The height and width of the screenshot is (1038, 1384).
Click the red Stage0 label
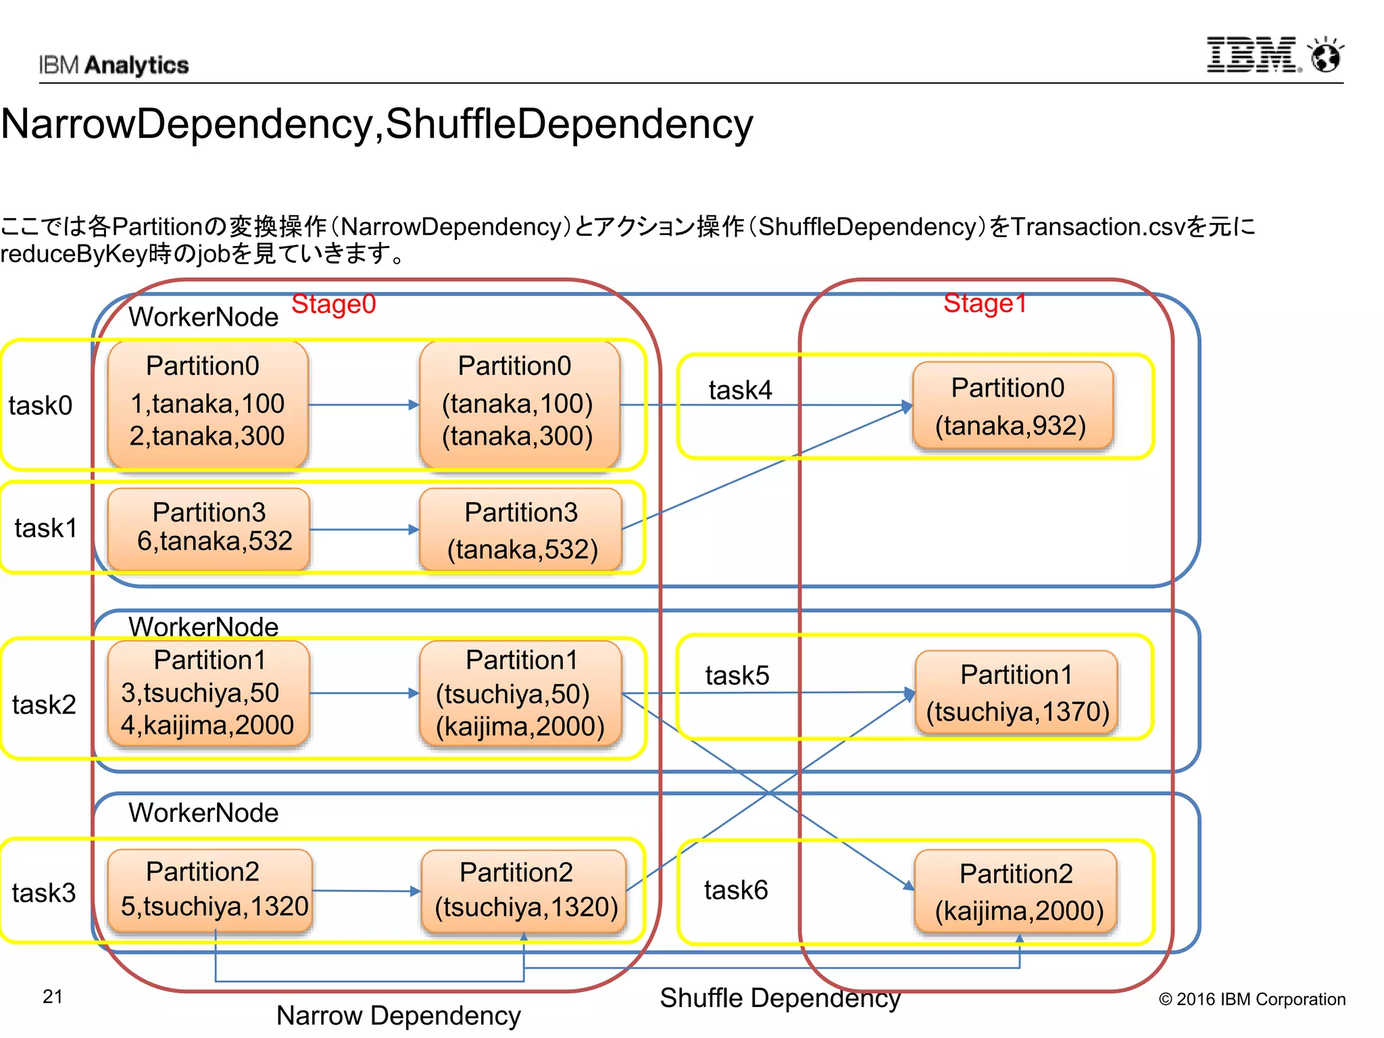[x=333, y=304]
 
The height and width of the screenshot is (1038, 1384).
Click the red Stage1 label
[x=985, y=303]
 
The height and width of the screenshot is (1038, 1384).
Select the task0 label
[x=41, y=405]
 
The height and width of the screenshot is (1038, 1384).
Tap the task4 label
[x=740, y=390]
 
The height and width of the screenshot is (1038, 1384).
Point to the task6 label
[x=736, y=890]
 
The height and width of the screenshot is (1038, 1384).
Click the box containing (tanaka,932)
[x=1012, y=405]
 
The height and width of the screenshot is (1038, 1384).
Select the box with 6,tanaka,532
[x=209, y=528]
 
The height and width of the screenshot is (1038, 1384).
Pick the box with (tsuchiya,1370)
[x=1016, y=692]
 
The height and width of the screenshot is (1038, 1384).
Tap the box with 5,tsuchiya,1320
[x=209, y=890]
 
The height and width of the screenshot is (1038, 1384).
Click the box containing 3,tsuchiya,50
[x=208, y=693]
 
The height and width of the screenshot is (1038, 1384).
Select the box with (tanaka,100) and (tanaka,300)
[x=518, y=403]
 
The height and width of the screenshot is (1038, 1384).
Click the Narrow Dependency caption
[x=398, y=1015]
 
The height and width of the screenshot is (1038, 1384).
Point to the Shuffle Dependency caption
[x=780, y=997]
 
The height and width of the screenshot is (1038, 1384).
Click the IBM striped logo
[x=1252, y=55]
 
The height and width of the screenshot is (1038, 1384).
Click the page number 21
[x=53, y=996]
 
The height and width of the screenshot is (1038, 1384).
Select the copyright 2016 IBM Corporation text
[x=1252, y=999]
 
